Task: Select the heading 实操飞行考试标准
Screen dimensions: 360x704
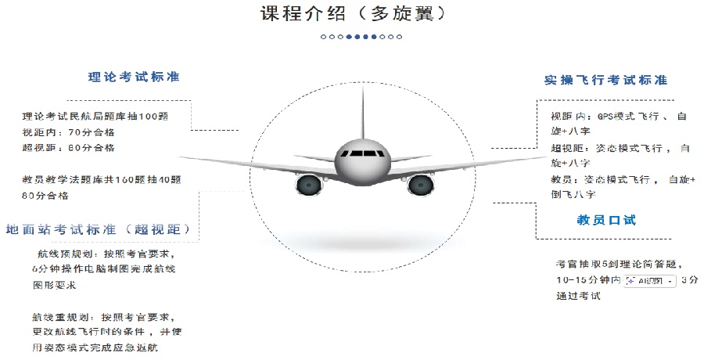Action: [605, 80]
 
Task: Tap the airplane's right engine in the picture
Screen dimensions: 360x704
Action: [419, 185]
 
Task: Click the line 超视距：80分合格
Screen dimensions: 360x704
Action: [69, 147]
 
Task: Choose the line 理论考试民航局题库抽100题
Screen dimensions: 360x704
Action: [95, 116]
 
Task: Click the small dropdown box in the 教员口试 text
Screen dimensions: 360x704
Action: [649, 279]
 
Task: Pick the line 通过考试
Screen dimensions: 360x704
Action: [578, 295]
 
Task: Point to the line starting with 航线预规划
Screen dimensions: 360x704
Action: [105, 254]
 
